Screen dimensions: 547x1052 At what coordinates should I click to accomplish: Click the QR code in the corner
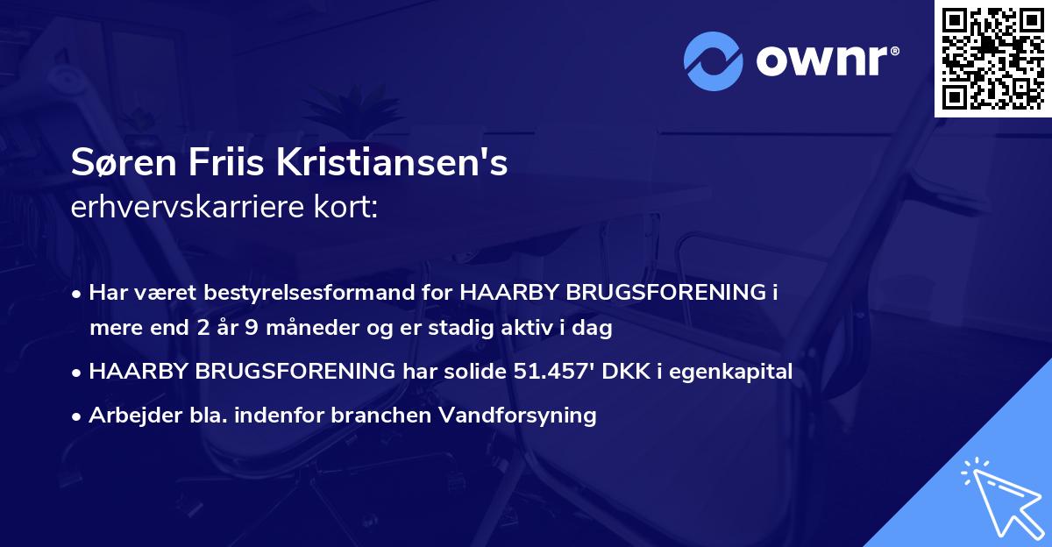click(x=993, y=59)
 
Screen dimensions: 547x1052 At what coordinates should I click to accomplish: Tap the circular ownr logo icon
click(x=713, y=60)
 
